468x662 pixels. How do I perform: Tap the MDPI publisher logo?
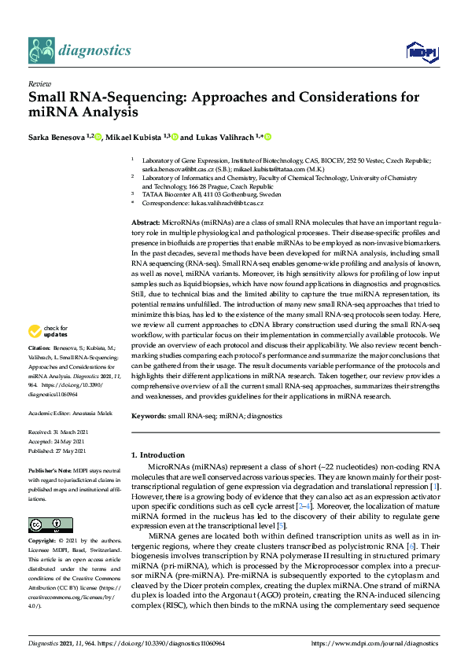[417, 52]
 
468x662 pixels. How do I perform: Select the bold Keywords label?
[149, 415]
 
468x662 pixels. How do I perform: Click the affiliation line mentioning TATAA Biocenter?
[211, 193]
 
